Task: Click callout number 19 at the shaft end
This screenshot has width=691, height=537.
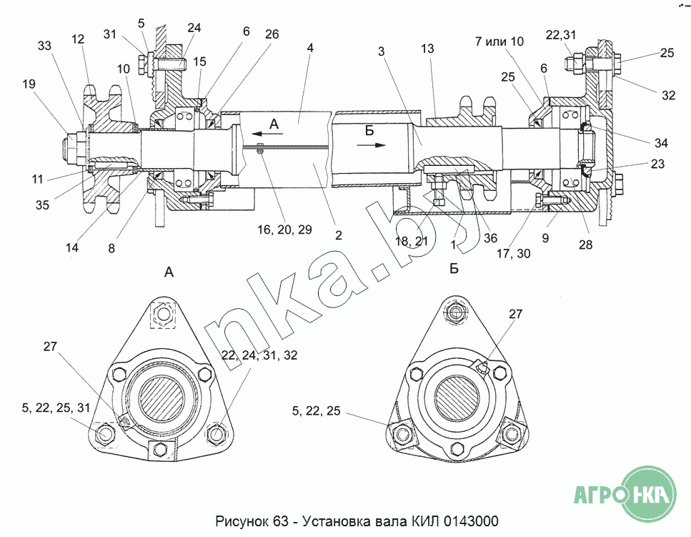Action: (29, 84)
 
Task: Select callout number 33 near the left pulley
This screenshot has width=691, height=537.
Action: (44, 46)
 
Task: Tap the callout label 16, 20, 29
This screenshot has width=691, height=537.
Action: (284, 230)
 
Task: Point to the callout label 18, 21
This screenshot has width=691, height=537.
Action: (412, 241)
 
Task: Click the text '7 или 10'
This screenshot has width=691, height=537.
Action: (499, 41)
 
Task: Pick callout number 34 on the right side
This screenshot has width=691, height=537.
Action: (661, 143)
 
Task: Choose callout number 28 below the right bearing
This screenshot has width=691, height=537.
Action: (585, 245)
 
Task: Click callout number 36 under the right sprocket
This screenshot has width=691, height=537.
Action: (490, 238)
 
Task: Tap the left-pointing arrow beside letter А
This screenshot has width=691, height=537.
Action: (264, 134)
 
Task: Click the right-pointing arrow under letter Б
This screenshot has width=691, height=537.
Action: (371, 144)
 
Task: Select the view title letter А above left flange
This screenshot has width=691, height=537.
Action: (169, 272)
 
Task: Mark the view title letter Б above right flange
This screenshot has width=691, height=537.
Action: (454, 269)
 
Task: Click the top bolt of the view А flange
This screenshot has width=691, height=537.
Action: (164, 314)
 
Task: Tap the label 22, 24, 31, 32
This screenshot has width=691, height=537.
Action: (259, 355)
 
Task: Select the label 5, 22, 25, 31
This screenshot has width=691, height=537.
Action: (56, 408)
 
